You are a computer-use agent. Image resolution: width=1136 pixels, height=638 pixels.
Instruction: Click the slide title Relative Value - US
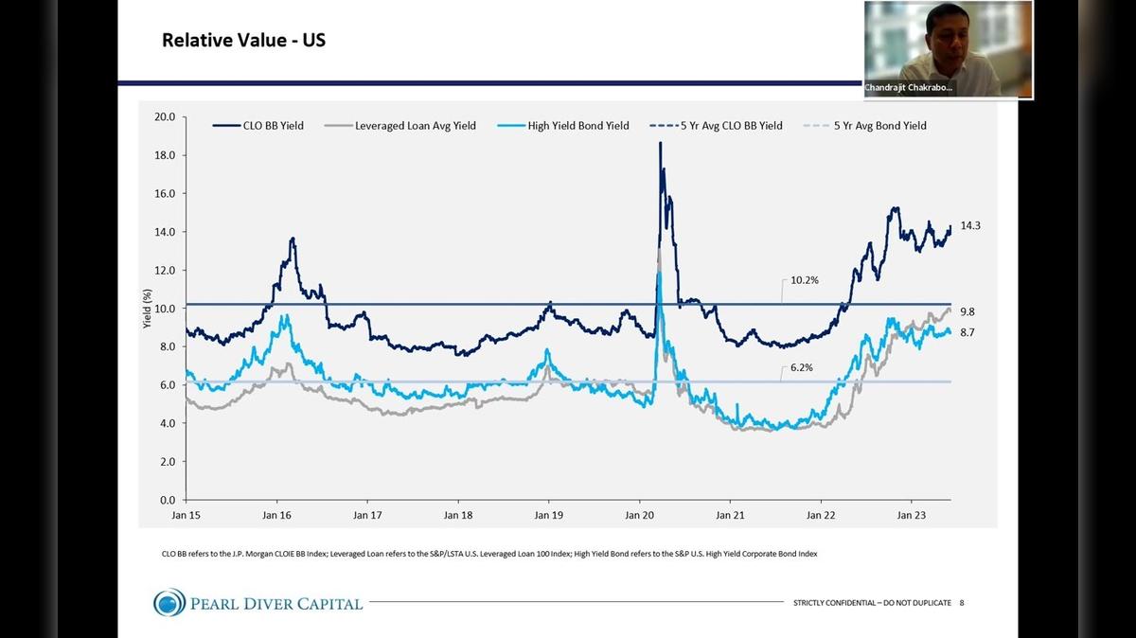point(243,41)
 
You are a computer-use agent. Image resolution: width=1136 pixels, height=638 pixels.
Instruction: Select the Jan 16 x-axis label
point(276,516)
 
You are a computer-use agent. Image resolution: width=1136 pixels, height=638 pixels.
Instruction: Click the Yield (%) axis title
point(147,308)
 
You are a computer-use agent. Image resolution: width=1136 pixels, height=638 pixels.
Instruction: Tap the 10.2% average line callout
point(804,280)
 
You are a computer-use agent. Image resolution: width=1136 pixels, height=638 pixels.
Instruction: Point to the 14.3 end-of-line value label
point(970,226)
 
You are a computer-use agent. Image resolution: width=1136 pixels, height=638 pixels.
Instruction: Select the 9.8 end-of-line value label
point(967,311)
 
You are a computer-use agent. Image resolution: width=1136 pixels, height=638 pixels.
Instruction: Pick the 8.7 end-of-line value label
point(967,332)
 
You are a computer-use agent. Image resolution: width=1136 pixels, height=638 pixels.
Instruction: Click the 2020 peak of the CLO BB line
point(660,143)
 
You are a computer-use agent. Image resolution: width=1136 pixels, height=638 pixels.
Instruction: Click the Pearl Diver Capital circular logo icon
point(170,602)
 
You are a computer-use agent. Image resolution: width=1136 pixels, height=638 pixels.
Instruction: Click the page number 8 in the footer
point(962,603)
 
